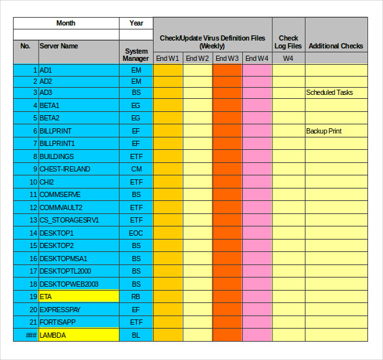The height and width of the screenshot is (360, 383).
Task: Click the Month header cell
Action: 65,23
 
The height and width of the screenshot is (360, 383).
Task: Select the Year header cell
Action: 136,23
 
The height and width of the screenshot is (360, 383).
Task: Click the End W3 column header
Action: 227,58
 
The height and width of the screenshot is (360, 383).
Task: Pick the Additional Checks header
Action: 336,46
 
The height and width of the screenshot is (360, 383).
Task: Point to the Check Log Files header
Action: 289,42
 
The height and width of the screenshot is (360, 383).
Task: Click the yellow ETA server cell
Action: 79,297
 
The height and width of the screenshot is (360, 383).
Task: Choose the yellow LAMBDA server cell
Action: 79,334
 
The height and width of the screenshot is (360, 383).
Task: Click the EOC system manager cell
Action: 136,233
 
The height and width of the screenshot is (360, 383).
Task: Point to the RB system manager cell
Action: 136,297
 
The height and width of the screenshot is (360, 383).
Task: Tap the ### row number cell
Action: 26,334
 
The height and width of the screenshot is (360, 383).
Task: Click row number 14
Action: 26,233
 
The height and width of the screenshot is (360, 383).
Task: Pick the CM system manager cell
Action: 136,169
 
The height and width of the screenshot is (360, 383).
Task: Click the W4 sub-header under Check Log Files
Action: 289,58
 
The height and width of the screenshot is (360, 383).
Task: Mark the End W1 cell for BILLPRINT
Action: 168,131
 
